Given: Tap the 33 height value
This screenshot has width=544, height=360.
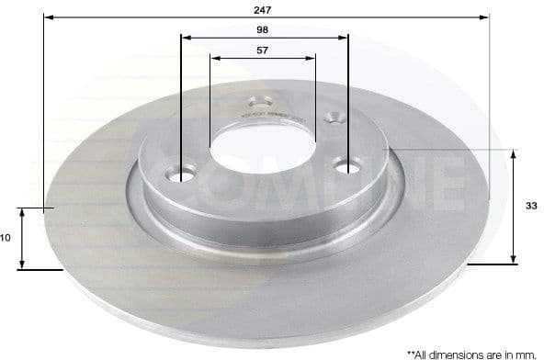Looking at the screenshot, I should [531, 206].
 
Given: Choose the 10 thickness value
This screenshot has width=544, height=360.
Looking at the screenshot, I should [6, 238].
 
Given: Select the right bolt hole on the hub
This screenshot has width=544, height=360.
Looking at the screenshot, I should [348, 167].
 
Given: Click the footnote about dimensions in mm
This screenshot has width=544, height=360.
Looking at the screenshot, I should [470, 353].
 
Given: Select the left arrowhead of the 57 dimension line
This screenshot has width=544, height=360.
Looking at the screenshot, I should [214, 57].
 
